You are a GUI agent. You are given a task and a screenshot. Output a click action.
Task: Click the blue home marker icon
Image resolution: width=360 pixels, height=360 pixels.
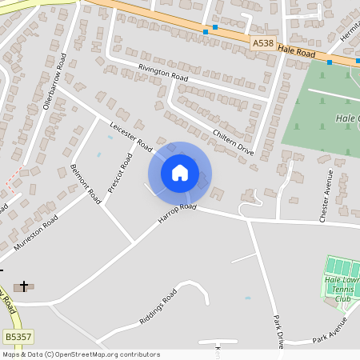point(180,173)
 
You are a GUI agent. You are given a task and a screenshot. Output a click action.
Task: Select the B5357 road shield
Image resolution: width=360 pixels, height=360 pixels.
point(18,338)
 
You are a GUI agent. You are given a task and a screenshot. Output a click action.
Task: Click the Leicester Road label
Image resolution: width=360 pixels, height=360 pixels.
point(130,135)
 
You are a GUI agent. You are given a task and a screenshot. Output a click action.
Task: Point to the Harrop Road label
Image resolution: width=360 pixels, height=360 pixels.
point(177,213)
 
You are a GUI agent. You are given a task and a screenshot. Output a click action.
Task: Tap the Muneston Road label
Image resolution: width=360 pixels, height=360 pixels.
point(36,233)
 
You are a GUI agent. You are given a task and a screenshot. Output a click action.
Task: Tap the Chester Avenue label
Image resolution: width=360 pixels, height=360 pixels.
point(325,196)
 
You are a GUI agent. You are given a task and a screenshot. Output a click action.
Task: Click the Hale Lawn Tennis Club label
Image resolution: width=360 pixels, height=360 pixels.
point(343,289)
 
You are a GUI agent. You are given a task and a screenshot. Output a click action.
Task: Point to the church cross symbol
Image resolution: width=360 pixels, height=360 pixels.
point(24,286)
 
